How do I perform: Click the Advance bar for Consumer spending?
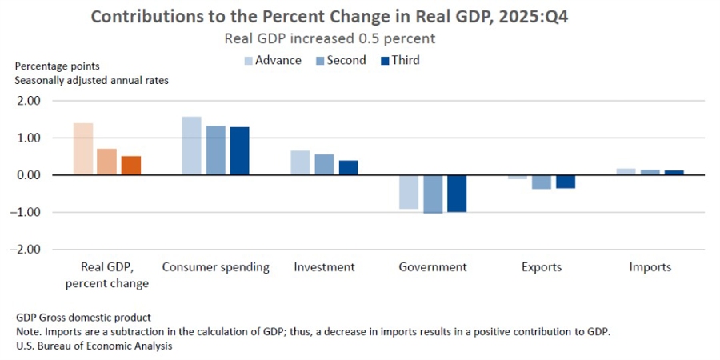(x=191, y=146)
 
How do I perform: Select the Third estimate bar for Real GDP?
(x=131, y=166)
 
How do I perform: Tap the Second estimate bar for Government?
(x=433, y=194)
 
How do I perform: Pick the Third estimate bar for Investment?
(x=348, y=167)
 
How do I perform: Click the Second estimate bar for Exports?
(x=542, y=182)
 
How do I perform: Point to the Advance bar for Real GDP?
(x=83, y=149)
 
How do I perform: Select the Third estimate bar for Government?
(x=457, y=193)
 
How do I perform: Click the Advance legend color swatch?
(x=248, y=61)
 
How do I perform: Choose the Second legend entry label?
(x=346, y=61)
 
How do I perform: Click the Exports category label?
(x=542, y=267)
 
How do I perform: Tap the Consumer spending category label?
(x=215, y=267)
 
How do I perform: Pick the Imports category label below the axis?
(x=650, y=267)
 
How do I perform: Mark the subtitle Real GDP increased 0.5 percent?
(x=330, y=38)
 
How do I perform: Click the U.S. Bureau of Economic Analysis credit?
(x=94, y=346)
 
